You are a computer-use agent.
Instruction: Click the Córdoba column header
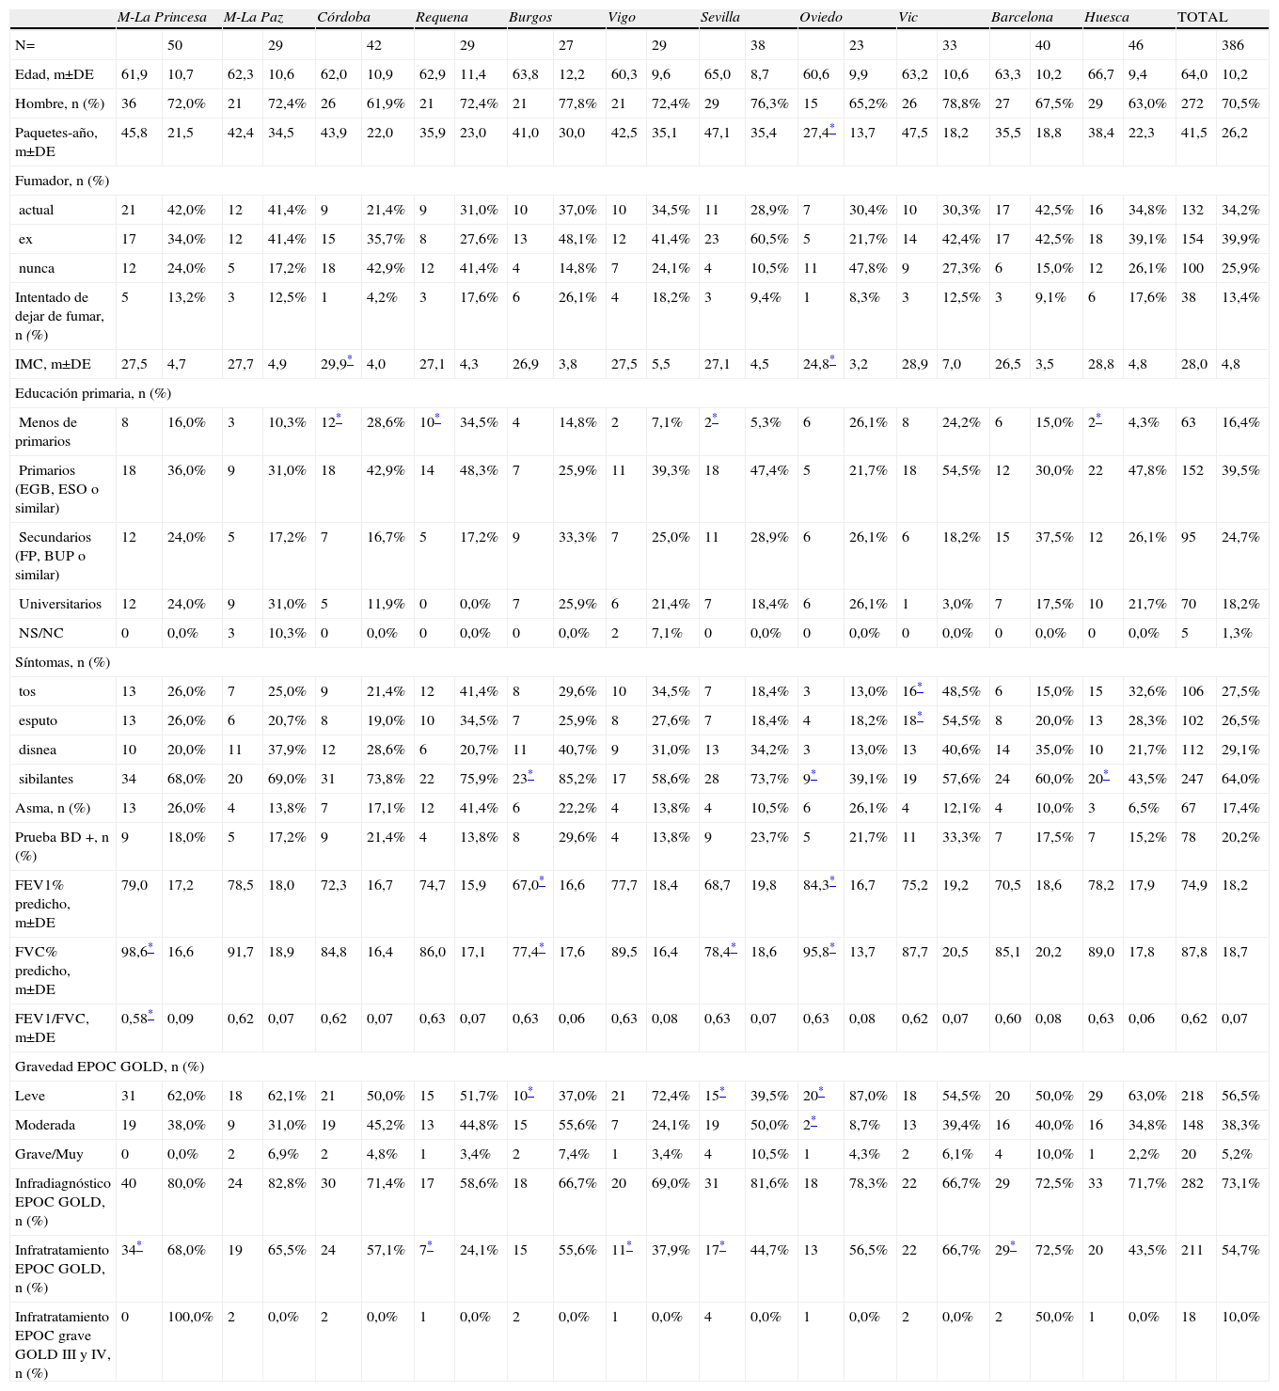343,17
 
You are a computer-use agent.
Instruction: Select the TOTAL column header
1202,17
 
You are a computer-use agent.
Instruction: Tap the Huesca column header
1106,17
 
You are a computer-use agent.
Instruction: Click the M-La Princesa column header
162,17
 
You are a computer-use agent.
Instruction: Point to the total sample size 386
1232,45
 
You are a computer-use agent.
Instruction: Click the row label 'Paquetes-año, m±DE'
56,141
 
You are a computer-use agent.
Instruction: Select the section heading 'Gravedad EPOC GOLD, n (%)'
109,1067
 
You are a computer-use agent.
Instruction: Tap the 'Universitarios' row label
59,604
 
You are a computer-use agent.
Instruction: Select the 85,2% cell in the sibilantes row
577,779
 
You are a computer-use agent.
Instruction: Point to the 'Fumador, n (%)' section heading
62,180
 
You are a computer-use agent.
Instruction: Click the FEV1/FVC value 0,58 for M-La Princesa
135,1018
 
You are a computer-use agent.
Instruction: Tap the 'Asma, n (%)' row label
53,808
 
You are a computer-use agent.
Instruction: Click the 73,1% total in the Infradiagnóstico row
1240,1183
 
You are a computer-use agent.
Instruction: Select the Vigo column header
621,17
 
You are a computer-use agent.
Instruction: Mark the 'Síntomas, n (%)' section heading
63,662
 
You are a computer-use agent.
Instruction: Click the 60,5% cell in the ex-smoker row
769,239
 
